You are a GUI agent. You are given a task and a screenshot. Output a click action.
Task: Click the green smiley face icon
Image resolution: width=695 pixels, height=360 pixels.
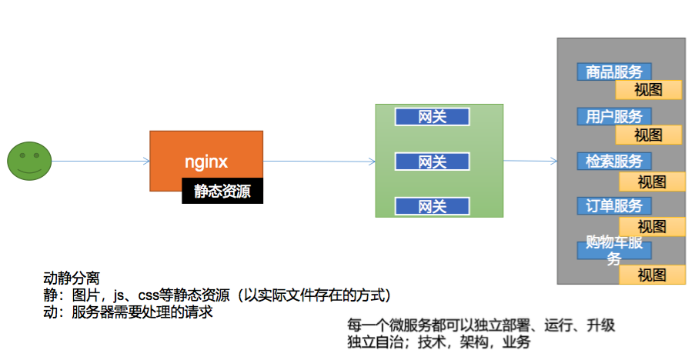[29, 161]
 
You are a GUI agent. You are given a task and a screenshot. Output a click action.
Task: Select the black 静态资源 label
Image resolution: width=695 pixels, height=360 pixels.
[222, 192]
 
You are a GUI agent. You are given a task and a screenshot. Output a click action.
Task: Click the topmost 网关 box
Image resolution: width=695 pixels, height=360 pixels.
[432, 116]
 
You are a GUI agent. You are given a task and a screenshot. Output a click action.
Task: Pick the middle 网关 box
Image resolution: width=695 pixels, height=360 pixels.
[432, 162]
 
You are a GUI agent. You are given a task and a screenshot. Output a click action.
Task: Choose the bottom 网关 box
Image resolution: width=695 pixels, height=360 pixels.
[432, 206]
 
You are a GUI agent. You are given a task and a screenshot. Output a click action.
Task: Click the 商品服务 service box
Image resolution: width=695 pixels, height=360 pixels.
[614, 72]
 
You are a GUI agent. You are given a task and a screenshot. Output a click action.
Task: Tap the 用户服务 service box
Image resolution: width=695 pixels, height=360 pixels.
[614, 117]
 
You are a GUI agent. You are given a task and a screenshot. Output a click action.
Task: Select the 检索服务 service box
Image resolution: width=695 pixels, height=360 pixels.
[614, 162]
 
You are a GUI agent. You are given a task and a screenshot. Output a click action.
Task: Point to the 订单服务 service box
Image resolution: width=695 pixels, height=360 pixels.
[614, 206]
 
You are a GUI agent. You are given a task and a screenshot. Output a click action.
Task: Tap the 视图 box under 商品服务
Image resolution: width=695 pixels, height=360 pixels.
[648, 90]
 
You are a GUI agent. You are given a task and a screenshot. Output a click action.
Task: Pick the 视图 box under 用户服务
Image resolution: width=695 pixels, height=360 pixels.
[648, 135]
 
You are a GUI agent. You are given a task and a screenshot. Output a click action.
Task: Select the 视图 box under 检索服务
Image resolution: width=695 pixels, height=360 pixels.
[652, 182]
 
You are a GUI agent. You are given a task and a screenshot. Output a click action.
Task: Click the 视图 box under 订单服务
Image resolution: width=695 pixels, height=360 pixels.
[652, 226]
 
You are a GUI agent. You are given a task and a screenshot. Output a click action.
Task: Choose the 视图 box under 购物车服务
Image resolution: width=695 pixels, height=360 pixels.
[652, 275]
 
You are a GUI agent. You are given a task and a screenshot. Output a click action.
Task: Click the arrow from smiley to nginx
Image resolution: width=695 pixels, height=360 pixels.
[100, 161]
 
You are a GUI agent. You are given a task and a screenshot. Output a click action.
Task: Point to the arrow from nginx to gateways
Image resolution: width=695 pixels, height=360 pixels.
[319, 161]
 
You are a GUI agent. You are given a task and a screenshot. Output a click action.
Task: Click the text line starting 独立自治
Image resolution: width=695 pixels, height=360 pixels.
[439, 342]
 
